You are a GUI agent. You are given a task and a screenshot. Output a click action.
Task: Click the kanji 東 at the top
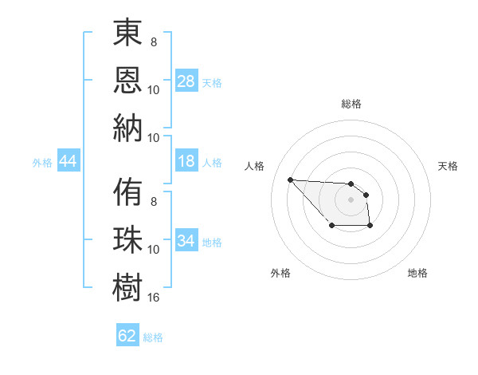coord(128,35)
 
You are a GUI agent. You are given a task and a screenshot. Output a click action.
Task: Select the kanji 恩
coord(128,81)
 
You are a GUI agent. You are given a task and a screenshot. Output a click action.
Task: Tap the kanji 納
coord(128,127)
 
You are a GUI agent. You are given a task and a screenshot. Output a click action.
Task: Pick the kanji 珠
coord(128,239)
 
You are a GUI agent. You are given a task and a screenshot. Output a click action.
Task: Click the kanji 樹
coord(128,286)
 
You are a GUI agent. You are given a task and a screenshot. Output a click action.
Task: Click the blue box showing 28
coord(186,81)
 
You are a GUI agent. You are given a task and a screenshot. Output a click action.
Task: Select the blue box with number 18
coord(186,162)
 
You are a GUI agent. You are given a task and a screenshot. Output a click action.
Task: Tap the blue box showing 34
coord(186,241)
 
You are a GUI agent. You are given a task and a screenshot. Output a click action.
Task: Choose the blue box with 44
coord(68,162)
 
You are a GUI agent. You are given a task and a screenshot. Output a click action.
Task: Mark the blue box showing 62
coord(127,336)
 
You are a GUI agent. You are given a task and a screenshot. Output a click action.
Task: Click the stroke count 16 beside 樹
coord(155,297)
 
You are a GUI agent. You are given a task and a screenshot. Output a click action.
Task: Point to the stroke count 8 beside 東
coord(153,41)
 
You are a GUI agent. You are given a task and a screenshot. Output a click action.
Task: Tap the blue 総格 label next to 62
coord(153,337)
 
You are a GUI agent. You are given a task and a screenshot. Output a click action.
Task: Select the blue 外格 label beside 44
coord(42,163)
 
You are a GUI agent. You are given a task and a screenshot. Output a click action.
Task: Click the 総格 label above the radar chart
coord(351,104)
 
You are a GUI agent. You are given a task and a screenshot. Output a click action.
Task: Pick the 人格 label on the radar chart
coord(255,166)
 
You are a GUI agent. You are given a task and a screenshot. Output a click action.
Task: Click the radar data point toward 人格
coord(290,180)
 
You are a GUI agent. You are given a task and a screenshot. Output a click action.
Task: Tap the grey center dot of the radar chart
coord(351,199)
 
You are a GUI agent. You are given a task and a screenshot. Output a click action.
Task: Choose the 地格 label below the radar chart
coord(417,273)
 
